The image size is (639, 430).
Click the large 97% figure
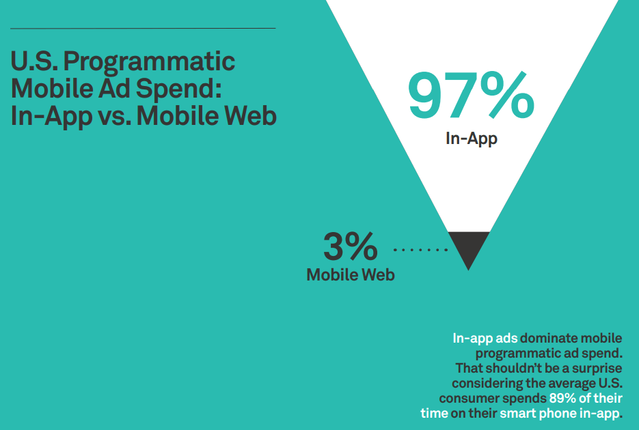coord(471,96)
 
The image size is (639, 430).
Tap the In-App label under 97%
coord(471,139)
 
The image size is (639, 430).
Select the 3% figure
coord(350,246)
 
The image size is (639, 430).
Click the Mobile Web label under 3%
coord(351,275)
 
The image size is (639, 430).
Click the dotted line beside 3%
coord(420,250)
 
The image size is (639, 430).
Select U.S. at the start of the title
coord(35,62)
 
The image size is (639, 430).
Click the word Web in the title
coord(251,116)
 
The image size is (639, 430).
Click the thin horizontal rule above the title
coord(143,29)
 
